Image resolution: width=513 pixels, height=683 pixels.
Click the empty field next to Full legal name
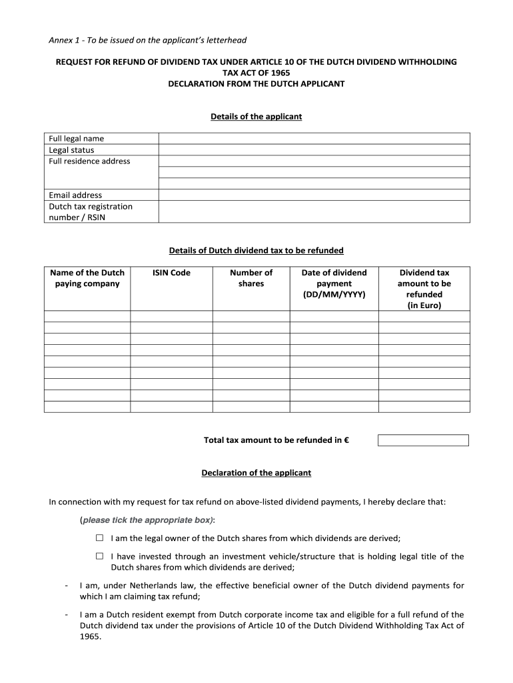313,139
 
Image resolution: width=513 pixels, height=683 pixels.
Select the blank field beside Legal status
313,150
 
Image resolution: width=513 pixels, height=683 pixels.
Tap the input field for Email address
313,195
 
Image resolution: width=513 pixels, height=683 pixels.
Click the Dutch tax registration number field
313,212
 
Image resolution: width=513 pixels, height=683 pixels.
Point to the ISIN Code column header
171,273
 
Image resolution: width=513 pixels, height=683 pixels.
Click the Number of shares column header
251,278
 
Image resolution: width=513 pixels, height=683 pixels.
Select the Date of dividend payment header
334,283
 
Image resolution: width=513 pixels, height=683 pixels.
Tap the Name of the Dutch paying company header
87,278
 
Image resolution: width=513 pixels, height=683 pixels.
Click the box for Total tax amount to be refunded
423,440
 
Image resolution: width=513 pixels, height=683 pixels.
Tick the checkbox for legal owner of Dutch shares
99,538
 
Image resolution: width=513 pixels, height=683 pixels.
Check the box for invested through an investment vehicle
99,556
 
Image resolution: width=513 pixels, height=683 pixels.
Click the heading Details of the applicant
256,117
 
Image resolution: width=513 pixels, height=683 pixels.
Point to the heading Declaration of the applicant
256,473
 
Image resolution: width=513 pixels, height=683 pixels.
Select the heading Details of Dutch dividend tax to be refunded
256,251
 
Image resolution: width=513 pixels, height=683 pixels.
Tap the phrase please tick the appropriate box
147,520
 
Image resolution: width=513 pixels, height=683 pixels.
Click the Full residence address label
89,161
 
